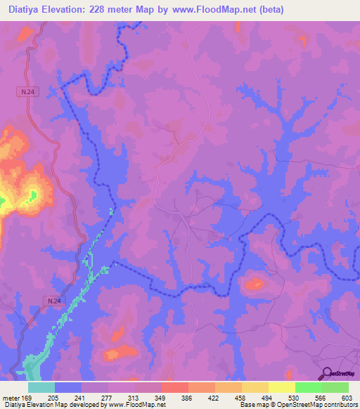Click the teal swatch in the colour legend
tap(41, 387)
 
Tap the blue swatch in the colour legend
tap(68, 387)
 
